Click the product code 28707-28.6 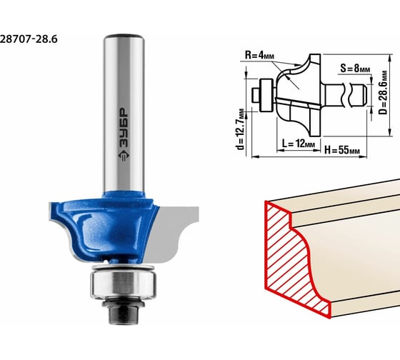point(29,39)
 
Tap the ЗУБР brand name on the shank point(124,129)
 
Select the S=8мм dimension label point(355,69)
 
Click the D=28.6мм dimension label point(383,93)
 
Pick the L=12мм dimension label point(299,144)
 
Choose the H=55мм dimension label point(342,150)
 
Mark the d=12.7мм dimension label point(240,129)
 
